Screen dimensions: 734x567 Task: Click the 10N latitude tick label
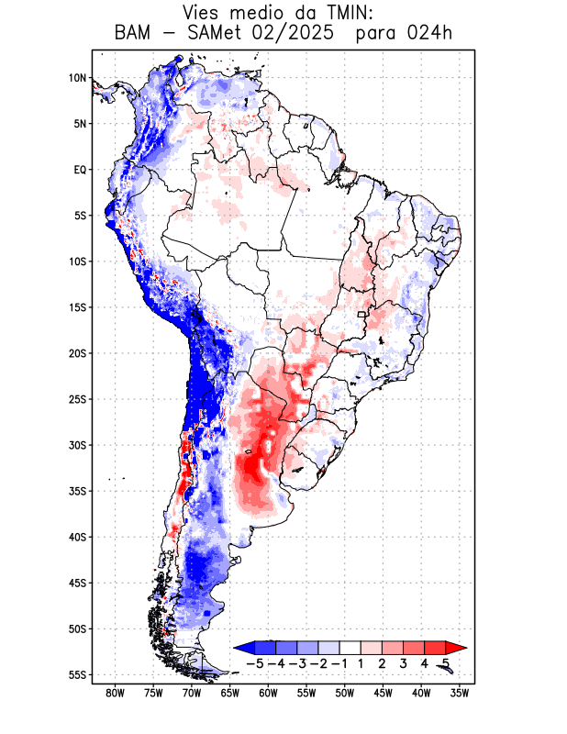pyautogui.click(x=77, y=78)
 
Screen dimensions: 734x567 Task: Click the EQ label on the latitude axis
pyautogui.click(x=80, y=170)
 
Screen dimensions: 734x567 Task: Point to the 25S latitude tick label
pyautogui.click(x=77, y=399)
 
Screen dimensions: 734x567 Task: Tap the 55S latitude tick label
pyautogui.click(x=77, y=674)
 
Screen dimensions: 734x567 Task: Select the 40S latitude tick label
pyautogui.click(x=77, y=537)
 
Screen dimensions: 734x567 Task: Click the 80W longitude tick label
pyautogui.click(x=116, y=693)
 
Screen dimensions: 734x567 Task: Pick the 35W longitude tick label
pyautogui.click(x=460, y=693)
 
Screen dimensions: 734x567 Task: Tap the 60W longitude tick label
pyautogui.click(x=269, y=693)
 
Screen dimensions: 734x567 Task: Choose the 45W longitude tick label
pyautogui.click(x=384, y=693)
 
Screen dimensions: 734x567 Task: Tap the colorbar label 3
pyautogui.click(x=403, y=662)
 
